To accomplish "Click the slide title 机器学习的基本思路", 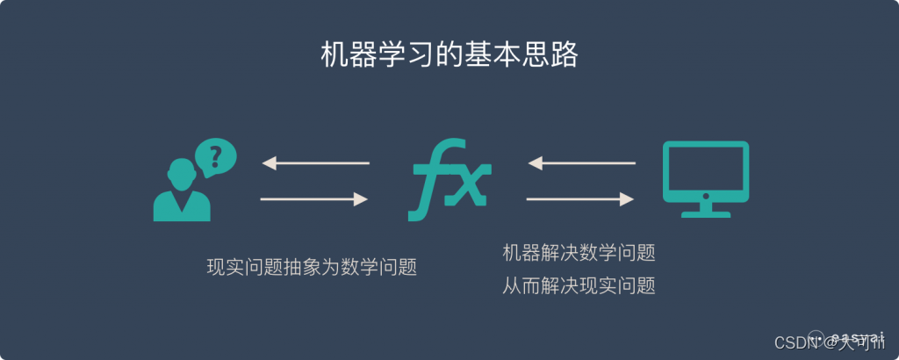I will pos(449,55).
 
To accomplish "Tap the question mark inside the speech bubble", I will pos(215,157).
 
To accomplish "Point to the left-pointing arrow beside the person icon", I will pos(315,163).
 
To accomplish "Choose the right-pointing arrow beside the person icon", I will pos(313,200).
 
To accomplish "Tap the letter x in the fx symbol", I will pos(469,185).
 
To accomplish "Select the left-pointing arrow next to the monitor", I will pos(580,163).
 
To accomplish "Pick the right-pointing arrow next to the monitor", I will pos(580,200).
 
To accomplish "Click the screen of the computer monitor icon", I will pos(705,169).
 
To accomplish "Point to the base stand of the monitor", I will pos(705,211).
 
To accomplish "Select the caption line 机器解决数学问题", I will pos(579,253).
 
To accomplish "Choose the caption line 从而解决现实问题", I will pos(579,285).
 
